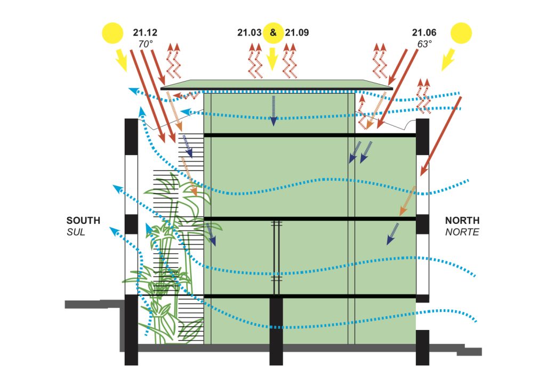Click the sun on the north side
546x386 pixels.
tap(461, 33)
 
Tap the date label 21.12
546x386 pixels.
tap(144, 33)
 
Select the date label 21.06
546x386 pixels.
tap(423, 33)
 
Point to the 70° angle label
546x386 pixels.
tap(146, 44)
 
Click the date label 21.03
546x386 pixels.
tap(249, 33)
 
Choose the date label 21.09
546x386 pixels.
tap(296, 33)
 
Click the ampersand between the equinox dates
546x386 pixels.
tap(273, 33)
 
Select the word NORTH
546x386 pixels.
tap(462, 220)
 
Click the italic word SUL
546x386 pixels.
tap(76, 232)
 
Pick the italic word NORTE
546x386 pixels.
tap(462, 232)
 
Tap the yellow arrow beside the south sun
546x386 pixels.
tap(121, 60)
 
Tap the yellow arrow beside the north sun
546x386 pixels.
tap(448, 60)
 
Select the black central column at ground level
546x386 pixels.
tap(276, 331)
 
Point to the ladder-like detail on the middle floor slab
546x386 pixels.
tap(276, 256)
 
